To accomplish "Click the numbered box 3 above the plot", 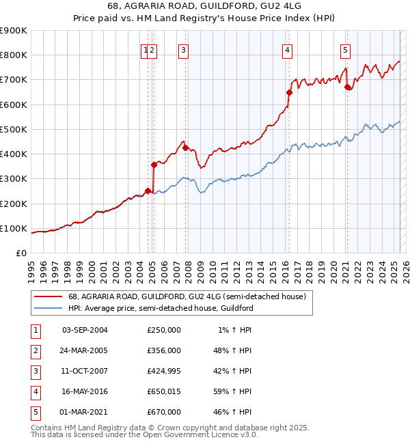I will [x=184, y=49].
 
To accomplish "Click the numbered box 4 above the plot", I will [x=288, y=49].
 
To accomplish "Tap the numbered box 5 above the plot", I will [x=345, y=49].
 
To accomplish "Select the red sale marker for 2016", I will [x=289, y=92].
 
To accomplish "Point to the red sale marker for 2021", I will [x=347, y=87].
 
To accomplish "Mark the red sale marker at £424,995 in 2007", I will [x=185, y=148].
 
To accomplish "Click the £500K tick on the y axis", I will [x=14, y=129].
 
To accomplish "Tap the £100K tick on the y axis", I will [x=14, y=228].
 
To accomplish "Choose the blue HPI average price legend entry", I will [x=161, y=308].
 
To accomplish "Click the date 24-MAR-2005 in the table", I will [x=85, y=350].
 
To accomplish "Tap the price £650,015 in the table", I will [x=164, y=391].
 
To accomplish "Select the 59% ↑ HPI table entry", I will [x=232, y=391].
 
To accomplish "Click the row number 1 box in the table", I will [x=35, y=330].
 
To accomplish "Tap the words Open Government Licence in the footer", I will [x=200, y=435].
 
